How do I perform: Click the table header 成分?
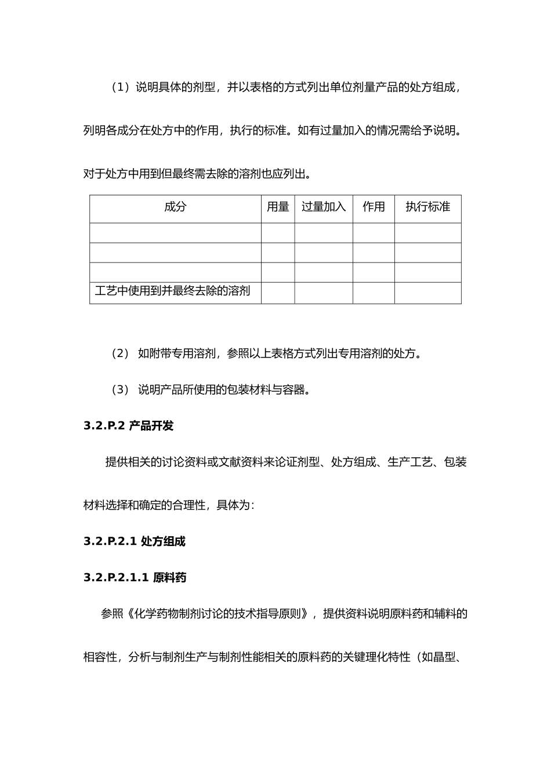[x=175, y=208]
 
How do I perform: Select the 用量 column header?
[x=278, y=208]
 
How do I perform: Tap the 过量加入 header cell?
[x=324, y=208]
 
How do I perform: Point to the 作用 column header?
[x=374, y=208]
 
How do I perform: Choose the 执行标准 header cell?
[x=428, y=208]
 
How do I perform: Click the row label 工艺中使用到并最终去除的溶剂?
[x=173, y=291]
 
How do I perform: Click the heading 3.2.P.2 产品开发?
[x=128, y=426]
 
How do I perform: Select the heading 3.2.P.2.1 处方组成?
[x=135, y=541]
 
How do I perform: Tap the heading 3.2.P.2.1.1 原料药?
[x=135, y=577]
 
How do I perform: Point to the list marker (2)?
[x=120, y=354]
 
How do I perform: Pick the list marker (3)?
[x=120, y=389]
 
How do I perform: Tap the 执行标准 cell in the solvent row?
[x=428, y=293]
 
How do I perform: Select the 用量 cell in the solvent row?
[x=278, y=293]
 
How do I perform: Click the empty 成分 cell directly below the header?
[x=175, y=233]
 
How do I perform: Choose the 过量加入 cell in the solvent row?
[x=324, y=293]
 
